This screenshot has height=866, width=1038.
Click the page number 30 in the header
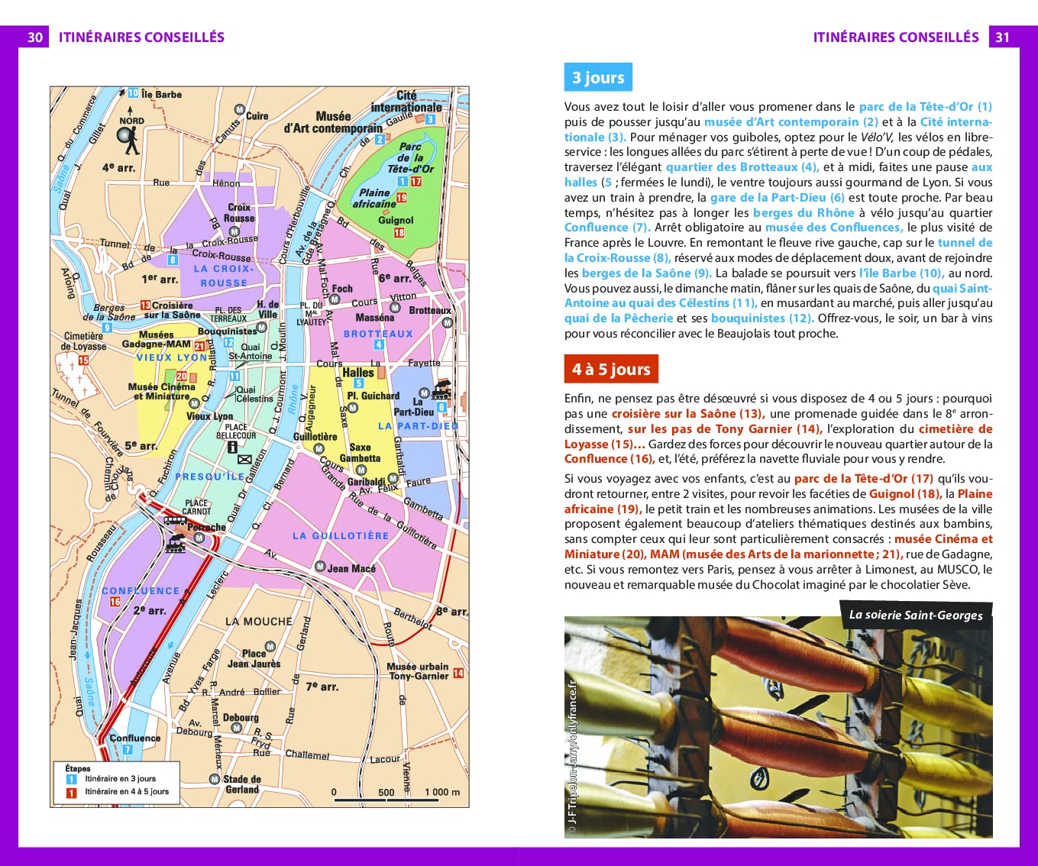pos(35,37)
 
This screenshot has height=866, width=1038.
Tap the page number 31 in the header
pos(1002,37)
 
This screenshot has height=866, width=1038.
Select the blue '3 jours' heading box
pos(598,77)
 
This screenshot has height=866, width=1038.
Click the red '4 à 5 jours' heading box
pos(610,369)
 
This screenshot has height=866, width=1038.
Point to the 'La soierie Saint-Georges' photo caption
pos(916,615)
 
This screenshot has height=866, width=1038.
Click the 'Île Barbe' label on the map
pos(162,95)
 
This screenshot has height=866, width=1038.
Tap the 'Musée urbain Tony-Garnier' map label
pos(418,671)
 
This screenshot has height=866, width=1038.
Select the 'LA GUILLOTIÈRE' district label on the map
pos(341,536)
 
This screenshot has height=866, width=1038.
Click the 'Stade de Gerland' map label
pos(242,784)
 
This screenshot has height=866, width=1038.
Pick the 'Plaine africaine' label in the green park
pos(374,198)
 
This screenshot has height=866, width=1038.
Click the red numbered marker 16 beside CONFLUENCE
pos(115,602)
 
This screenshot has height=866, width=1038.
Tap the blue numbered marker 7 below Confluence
pos(128,750)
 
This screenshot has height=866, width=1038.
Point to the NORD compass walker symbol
pos(129,137)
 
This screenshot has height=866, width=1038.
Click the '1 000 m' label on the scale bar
pos(442,792)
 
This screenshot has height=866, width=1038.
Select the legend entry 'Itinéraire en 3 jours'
pos(120,779)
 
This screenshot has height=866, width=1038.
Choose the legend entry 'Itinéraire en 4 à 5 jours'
pos(127,792)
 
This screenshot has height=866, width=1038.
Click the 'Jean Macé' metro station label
pos(351,568)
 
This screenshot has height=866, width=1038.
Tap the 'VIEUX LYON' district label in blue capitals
pos(172,357)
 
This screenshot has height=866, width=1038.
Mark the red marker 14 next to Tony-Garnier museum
pos(458,673)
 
